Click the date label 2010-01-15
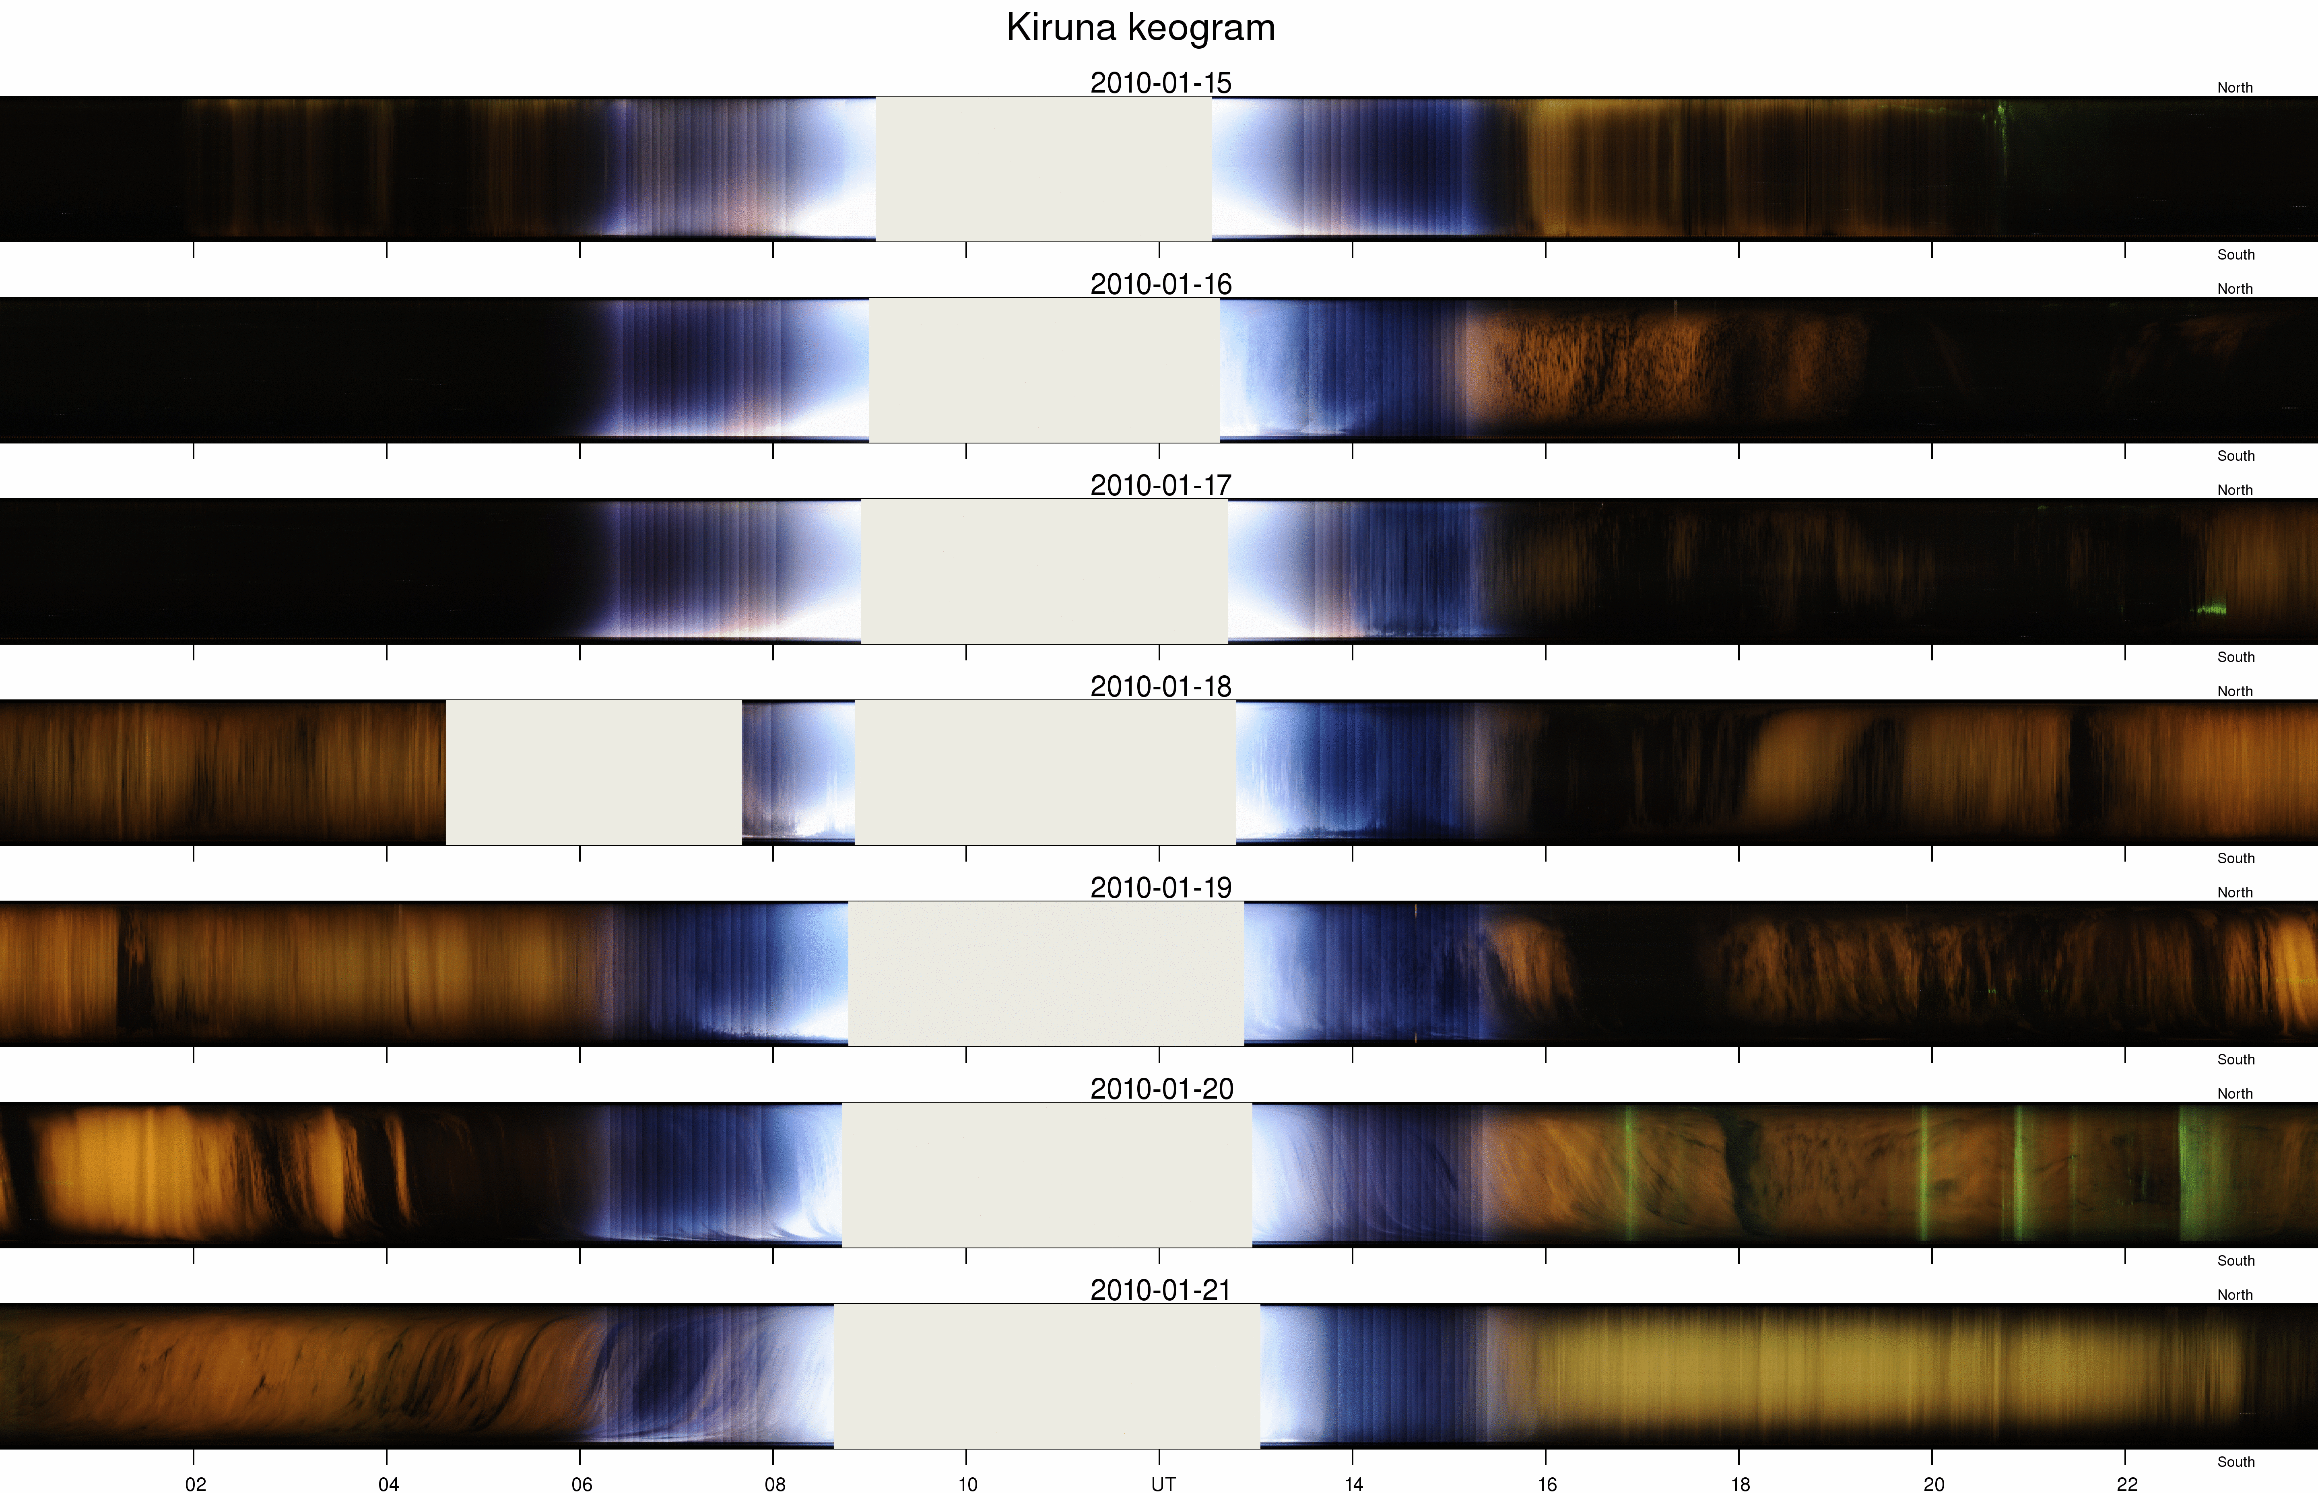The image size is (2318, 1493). pos(1161,82)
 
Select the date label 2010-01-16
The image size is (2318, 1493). pos(1161,284)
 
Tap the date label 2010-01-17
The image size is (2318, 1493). pos(1161,485)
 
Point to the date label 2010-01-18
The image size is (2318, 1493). pos(1161,687)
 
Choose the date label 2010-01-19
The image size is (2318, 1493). pos(1161,887)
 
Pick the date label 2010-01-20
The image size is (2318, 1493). pos(1161,1089)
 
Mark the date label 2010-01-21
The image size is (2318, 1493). pos(1161,1289)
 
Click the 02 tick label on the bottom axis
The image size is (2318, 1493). pos(195,1483)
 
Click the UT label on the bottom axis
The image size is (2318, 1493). pos(1162,1483)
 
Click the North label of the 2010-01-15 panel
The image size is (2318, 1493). pos(2235,87)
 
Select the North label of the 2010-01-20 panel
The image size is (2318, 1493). pos(2235,1093)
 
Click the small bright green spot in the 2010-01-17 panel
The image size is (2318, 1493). pos(2211,609)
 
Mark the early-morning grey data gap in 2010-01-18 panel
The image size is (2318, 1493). pos(593,773)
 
